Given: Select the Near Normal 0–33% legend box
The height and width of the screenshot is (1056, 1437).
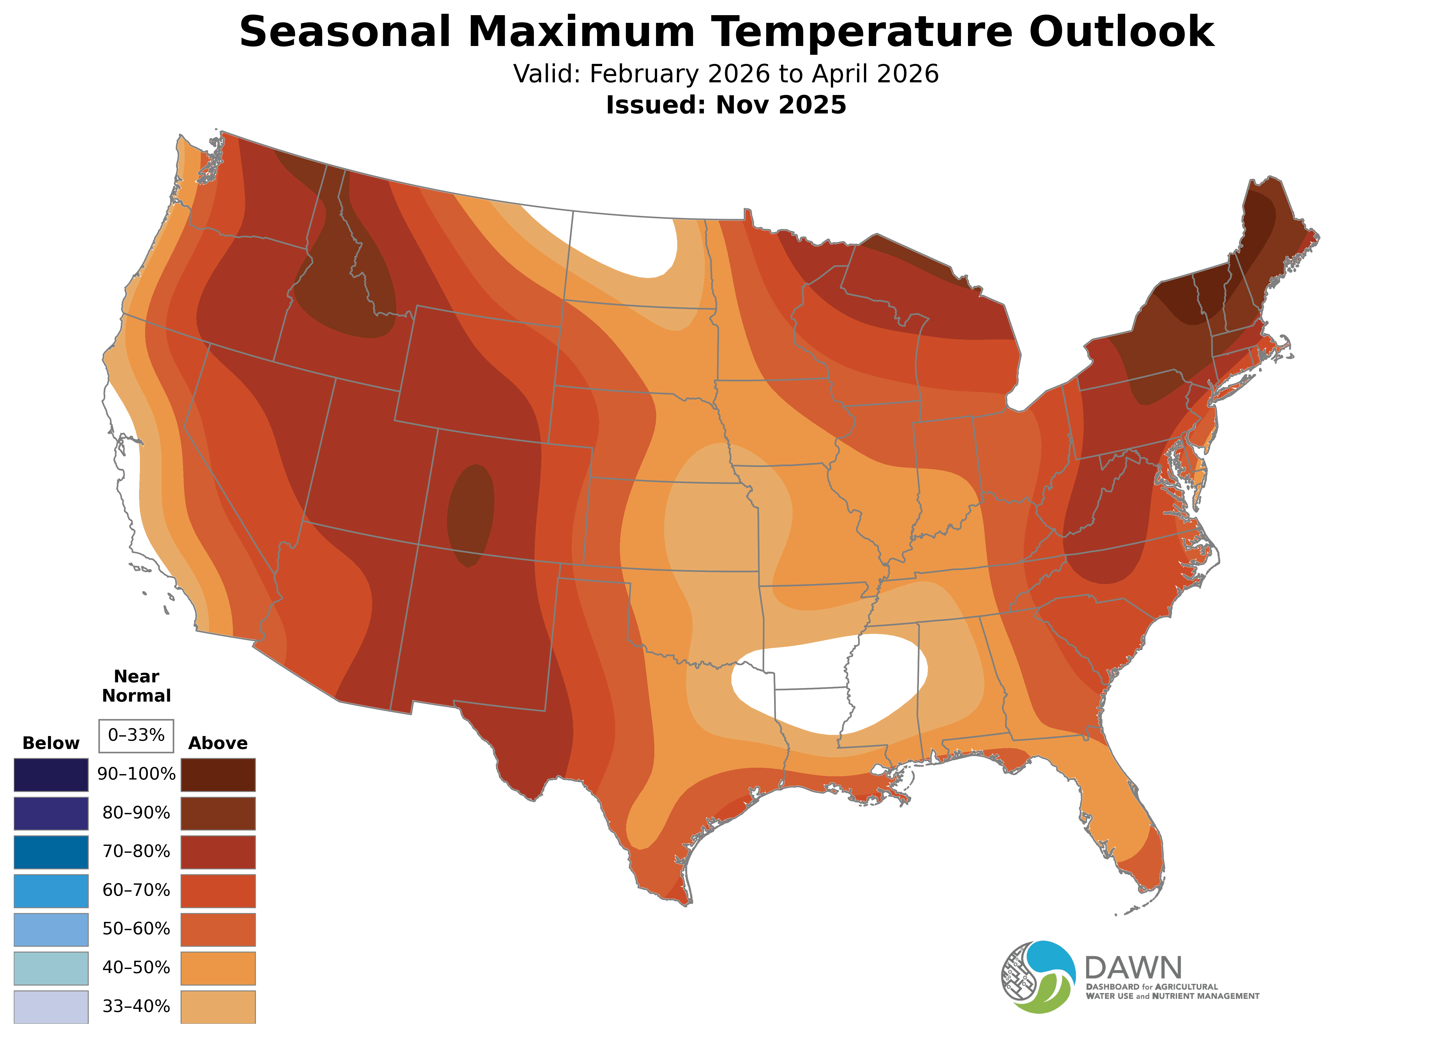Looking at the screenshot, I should click(x=136, y=736).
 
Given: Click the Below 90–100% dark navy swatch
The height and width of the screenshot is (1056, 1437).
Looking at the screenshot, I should click(x=51, y=775).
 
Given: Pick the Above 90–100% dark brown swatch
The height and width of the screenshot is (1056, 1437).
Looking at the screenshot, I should click(x=218, y=775).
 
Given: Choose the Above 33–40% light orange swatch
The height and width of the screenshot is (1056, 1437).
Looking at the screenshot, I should click(x=218, y=1007).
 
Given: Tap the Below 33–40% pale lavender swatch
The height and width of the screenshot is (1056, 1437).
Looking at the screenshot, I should click(x=51, y=1007).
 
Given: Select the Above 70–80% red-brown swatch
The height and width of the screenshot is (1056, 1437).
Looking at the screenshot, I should click(x=218, y=852).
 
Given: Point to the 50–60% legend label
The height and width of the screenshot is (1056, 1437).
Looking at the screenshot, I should click(x=136, y=929).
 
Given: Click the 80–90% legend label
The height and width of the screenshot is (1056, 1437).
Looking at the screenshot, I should click(x=136, y=813).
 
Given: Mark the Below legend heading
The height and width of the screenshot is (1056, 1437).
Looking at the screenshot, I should click(x=51, y=743).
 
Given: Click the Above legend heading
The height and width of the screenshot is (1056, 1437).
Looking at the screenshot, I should click(x=218, y=743).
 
